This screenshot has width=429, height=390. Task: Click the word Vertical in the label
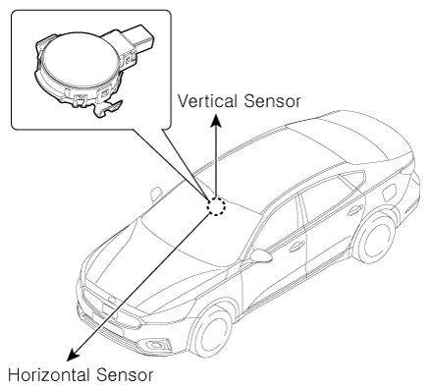tap(208, 101)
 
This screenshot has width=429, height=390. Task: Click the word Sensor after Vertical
tap(272, 101)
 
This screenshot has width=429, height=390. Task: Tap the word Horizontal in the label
tap(49, 375)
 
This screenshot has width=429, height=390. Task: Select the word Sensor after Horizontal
tap(125, 375)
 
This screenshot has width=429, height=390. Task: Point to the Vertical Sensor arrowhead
tap(215, 120)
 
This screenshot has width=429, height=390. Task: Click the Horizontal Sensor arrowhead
tap(73, 355)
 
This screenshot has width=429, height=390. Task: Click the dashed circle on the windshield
tap(216, 206)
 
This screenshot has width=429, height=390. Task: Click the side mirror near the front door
tap(261, 255)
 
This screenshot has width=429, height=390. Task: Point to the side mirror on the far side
tap(156, 194)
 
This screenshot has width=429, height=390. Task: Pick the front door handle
tap(296, 247)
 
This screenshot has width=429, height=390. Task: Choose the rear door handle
tap(355, 210)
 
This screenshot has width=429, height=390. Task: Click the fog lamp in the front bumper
tap(159, 345)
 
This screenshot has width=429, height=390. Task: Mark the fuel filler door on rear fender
tap(390, 194)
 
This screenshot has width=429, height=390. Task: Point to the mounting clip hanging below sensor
tap(106, 109)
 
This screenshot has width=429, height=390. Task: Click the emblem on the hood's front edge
tap(112, 300)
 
